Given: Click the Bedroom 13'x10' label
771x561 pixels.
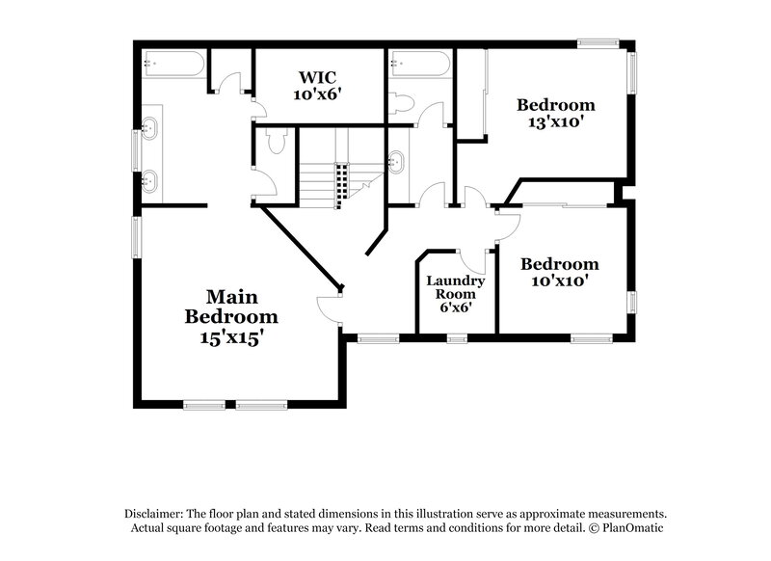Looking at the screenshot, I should [x=555, y=114].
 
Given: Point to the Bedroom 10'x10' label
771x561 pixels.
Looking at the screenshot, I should [x=559, y=272].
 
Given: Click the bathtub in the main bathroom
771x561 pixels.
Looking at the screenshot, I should [x=173, y=65].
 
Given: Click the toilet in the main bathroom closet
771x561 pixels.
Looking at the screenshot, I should [x=276, y=143].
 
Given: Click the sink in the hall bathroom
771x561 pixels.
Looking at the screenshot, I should [x=396, y=161].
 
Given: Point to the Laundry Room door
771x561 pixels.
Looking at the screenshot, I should [x=473, y=258].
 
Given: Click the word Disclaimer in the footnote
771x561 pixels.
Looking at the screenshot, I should [x=156, y=514].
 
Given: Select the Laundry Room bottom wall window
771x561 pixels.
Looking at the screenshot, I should [x=457, y=337].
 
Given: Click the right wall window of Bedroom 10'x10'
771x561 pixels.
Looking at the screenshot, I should [x=633, y=302].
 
